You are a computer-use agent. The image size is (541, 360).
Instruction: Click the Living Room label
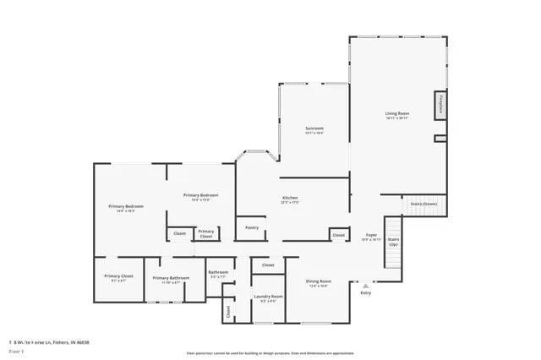pos(397,113)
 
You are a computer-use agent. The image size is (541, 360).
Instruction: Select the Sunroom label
pos(314,128)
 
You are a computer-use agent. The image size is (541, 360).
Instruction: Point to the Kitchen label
pos(290,199)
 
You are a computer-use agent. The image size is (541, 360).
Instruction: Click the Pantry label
pos(252,227)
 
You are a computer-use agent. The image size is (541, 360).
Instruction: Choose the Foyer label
pos(371,235)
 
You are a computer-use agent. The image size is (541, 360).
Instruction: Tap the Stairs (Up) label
pos(393,241)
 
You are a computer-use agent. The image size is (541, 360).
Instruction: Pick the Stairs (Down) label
pos(424,204)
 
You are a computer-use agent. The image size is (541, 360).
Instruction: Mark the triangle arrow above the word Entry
pos(365,286)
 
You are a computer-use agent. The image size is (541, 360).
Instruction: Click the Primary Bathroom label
pos(171,278)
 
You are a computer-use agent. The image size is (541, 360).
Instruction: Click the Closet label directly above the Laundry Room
pos(268,265)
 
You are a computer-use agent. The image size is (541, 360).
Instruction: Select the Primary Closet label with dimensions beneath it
pos(118,276)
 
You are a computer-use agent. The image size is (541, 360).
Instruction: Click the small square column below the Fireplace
pos(439,139)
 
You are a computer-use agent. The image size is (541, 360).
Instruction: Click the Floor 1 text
pos(15,351)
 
